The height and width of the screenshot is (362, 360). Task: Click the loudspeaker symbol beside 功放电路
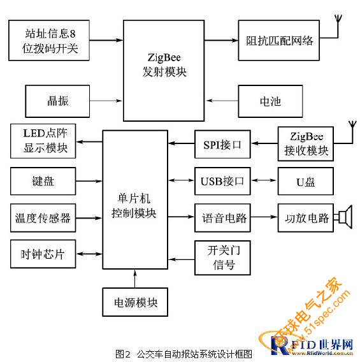pyautogui.click(x=345, y=217)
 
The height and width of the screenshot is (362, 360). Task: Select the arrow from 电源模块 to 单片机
pyautogui.click(x=135, y=279)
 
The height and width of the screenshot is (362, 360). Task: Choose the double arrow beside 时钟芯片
pyautogui.click(x=89, y=254)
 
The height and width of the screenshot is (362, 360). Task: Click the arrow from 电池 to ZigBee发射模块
pyautogui.click(x=222, y=101)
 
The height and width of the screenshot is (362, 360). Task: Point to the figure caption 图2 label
pyautogui.click(x=123, y=354)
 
